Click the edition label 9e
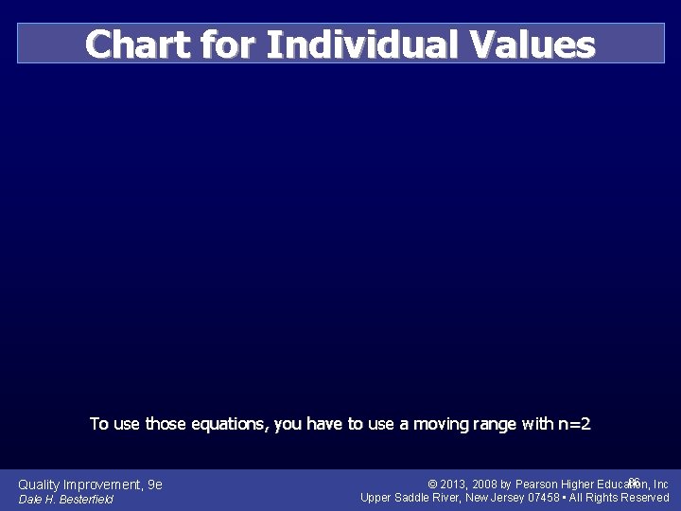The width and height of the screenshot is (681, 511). click(155, 485)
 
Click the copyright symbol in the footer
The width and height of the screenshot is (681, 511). click(432, 485)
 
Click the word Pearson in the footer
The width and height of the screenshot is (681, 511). click(537, 485)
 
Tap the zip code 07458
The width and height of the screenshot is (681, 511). click(544, 498)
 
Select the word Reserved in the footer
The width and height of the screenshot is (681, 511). click(645, 498)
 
